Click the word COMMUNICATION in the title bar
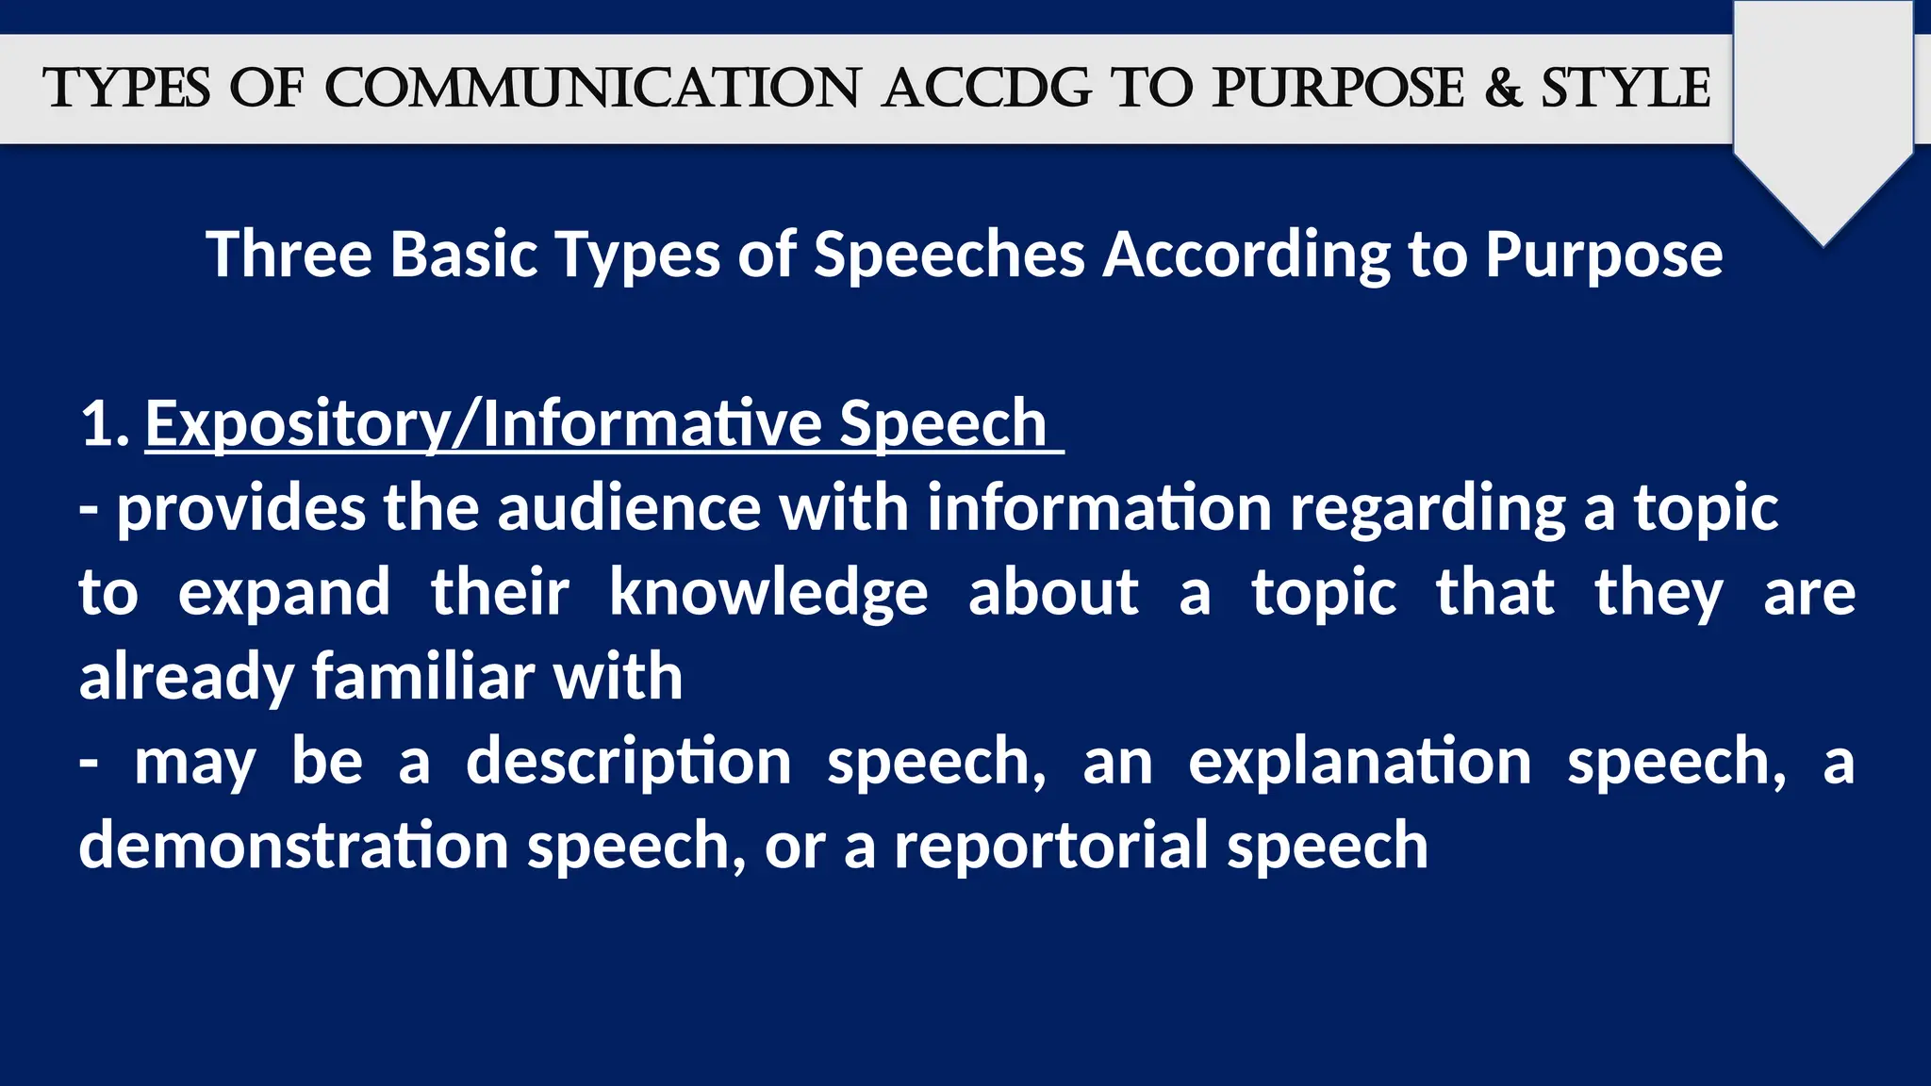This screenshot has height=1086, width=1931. pos(592,89)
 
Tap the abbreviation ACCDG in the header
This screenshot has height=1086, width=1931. pos(986,89)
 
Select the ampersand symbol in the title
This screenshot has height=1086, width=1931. pos(1503,89)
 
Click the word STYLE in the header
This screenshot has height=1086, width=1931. pos(1626,89)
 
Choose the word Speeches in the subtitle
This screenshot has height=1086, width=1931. pos(949,255)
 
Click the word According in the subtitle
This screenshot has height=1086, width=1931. pos(1246,255)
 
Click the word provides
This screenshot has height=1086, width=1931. pos(240,508)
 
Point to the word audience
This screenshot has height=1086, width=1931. pos(629,508)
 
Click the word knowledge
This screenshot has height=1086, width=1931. pos(768,594)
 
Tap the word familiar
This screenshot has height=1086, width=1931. pos(423,677)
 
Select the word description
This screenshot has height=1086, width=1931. pos(629,763)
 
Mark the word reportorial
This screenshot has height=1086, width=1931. pos(1051,847)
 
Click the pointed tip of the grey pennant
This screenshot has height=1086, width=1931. pos(1824,243)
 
